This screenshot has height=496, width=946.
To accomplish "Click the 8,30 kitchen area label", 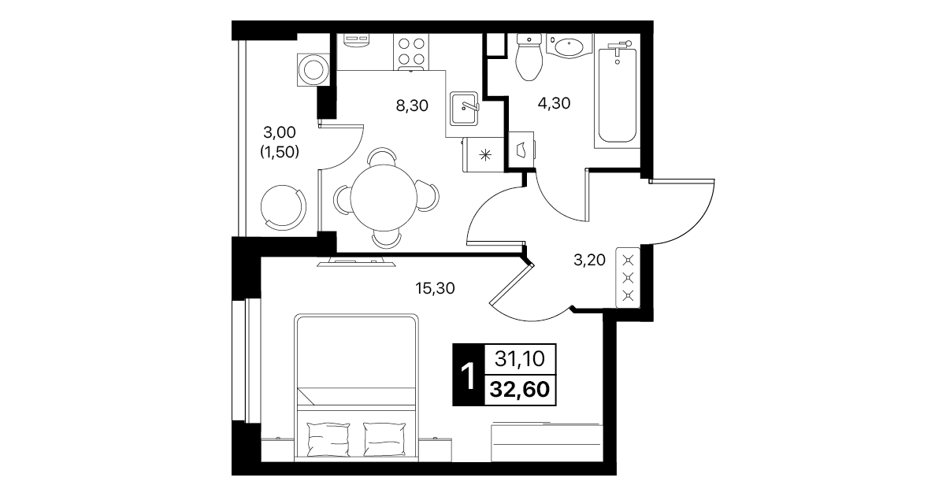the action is (412, 105).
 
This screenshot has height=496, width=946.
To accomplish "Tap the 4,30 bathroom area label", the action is (554, 103).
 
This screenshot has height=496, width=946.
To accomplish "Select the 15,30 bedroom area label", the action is (435, 288).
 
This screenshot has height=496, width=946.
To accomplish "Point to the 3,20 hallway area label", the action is (589, 260).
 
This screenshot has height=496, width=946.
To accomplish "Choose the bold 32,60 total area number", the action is (519, 389).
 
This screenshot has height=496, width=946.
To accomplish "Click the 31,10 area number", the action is (519, 359).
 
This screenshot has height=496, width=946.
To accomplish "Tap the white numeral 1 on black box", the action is (468, 376).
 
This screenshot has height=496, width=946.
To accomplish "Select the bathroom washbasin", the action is (569, 46).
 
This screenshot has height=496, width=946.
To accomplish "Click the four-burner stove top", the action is (411, 52).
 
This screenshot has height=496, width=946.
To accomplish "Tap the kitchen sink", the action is (464, 109).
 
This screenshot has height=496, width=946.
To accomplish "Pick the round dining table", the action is (384, 198).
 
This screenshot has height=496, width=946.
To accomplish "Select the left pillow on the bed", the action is (329, 439).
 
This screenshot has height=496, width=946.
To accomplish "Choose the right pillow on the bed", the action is (384, 439).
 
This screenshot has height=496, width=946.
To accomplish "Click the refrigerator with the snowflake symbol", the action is (484, 154).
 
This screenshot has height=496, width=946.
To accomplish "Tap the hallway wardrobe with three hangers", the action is (628, 277).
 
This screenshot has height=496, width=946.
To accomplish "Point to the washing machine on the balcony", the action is (313, 69).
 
